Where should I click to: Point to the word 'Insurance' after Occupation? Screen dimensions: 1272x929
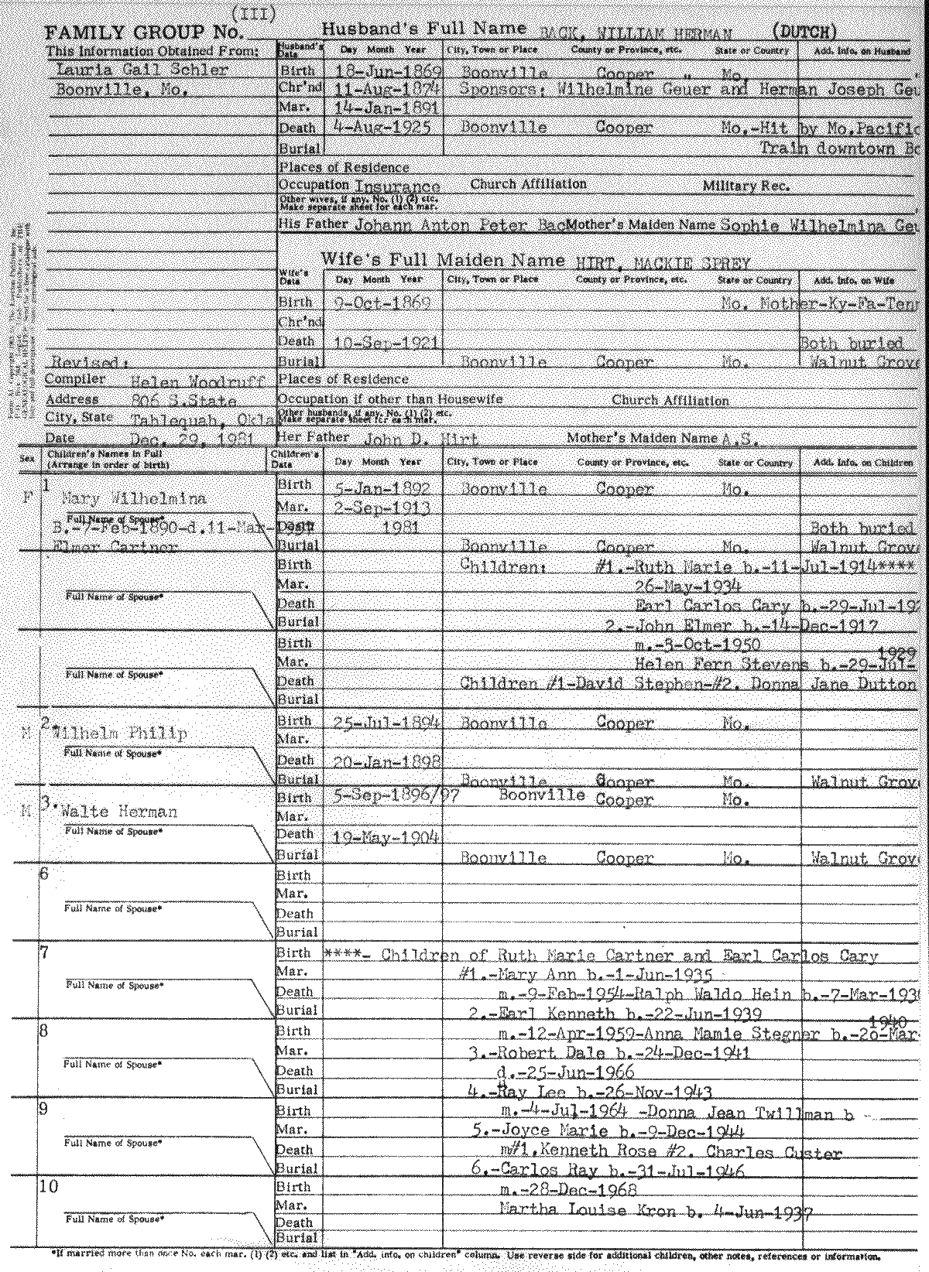[397, 186]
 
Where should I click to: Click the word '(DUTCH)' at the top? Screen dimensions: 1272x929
[805, 32]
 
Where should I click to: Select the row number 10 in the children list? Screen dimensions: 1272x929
[48, 1187]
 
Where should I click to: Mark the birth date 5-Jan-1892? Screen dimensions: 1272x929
[382, 489]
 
